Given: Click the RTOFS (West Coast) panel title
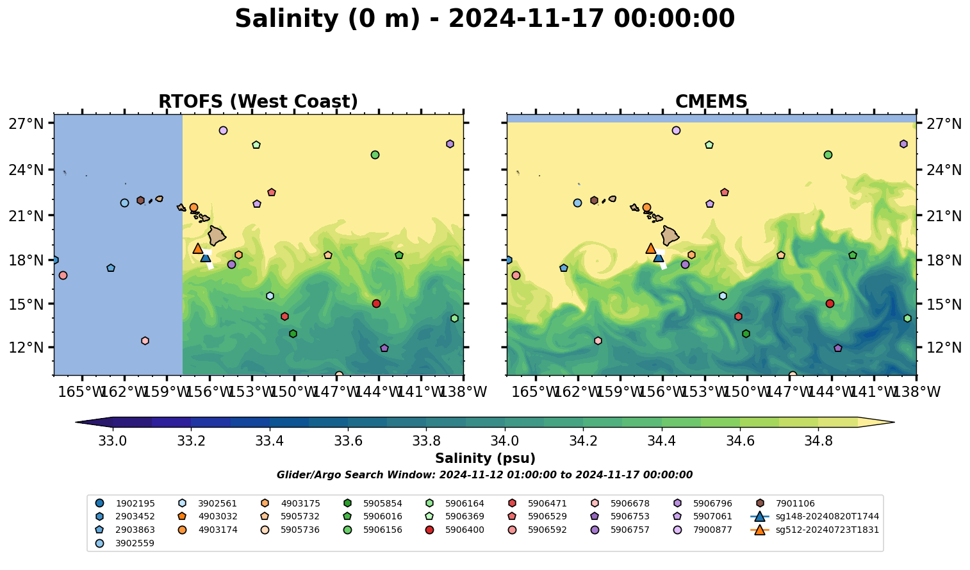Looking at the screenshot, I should click(x=258, y=102).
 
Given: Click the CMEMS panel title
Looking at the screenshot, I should click(x=711, y=102).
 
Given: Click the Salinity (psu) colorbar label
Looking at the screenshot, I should click(x=485, y=458).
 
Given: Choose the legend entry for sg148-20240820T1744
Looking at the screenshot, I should click(x=826, y=517).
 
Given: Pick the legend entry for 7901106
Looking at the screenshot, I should click(x=794, y=504).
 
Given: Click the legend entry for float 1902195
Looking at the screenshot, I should click(x=135, y=504).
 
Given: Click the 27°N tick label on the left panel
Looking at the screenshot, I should click(x=26, y=124).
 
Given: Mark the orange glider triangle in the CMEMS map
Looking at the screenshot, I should click(x=651, y=248).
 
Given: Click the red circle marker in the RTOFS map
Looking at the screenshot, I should click(x=376, y=303).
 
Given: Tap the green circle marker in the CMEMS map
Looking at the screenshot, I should click(x=828, y=155).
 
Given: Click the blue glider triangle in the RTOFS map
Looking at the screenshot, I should click(x=205, y=257).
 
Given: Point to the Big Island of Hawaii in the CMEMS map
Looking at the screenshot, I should click(x=670, y=235).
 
